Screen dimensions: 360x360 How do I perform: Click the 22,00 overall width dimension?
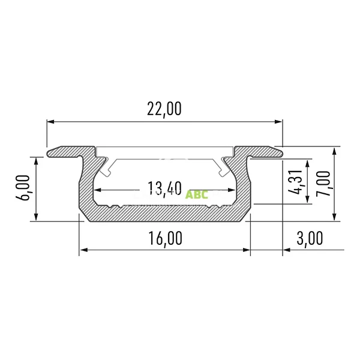pyautogui.click(x=164, y=109)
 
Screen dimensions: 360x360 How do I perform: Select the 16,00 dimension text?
pyautogui.click(x=164, y=238)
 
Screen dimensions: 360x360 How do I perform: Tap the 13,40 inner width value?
pyautogui.click(x=164, y=189)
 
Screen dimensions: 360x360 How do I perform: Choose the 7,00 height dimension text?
pyautogui.click(x=325, y=183)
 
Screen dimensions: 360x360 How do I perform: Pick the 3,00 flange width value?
pyautogui.click(x=310, y=238)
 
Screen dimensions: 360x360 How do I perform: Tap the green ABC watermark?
pyautogui.click(x=197, y=194)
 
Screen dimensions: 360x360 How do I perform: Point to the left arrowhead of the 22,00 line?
pyautogui.click(x=50, y=122)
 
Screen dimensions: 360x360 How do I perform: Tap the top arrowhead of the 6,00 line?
pyautogui.click(x=38, y=161)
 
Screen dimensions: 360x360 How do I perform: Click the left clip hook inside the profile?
pyautogui.click(x=107, y=168)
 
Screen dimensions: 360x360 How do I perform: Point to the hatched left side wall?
pyautogui.click(x=86, y=186)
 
